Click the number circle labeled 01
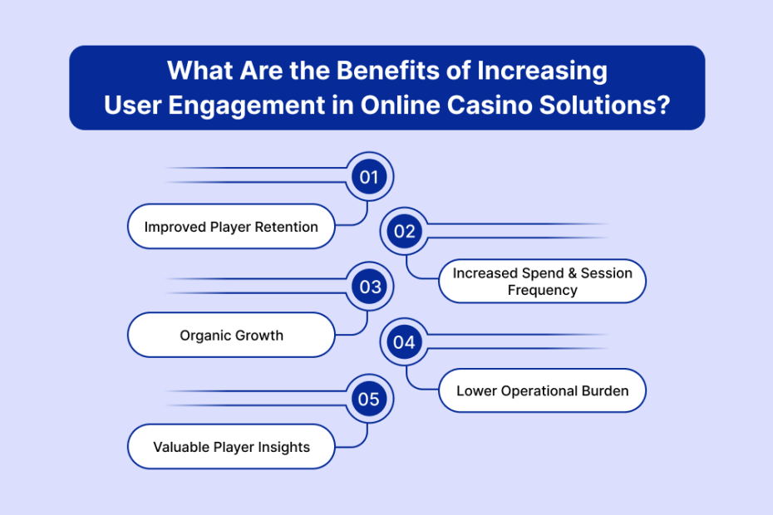coord(369,176)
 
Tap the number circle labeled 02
coord(404,231)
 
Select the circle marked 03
coord(370,287)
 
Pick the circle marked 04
coord(404,341)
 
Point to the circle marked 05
coord(369,399)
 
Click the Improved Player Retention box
coord(231,226)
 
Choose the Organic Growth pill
coord(231,335)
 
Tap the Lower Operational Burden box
coord(542,390)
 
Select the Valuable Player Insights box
coord(231,447)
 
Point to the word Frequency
coord(542,290)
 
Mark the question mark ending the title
coord(664,105)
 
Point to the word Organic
coord(204,336)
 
